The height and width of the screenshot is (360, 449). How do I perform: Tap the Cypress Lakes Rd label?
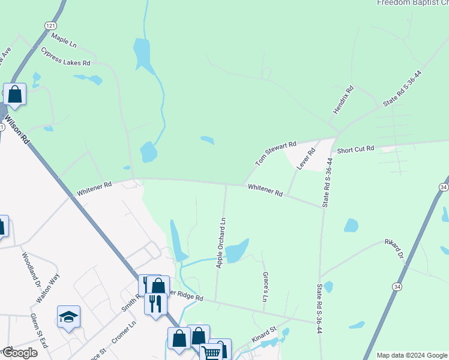[x=65, y=56]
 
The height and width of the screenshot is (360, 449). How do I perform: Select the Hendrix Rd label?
[x=344, y=100]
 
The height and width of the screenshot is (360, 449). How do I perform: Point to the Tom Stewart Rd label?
[x=276, y=154]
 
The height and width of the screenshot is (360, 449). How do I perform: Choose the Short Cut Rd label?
[x=355, y=149]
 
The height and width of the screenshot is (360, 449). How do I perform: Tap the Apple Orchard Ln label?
[x=221, y=242]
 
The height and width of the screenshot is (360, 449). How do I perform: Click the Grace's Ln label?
[x=265, y=286]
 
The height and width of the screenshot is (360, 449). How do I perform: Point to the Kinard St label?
[x=264, y=334]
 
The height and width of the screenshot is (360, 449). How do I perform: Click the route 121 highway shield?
[x=50, y=26]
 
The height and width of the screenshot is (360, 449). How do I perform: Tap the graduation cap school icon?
[x=69, y=317]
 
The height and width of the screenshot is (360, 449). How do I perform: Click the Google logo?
[x=19, y=353]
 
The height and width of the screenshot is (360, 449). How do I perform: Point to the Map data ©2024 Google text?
[x=411, y=355]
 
